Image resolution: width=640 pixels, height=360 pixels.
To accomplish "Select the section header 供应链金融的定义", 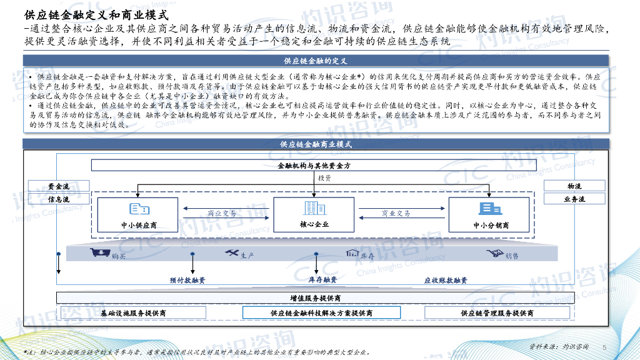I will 315,61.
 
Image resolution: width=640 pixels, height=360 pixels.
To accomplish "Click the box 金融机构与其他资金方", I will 314,166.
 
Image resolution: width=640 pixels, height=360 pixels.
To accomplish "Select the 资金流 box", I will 59,186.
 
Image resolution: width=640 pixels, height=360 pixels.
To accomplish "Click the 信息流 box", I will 59,199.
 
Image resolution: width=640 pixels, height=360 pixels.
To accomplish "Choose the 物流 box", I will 574,186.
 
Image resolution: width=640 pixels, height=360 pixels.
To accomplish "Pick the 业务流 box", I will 574,199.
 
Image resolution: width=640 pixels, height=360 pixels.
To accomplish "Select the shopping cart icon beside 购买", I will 97,253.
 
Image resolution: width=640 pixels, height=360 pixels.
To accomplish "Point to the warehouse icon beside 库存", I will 351,253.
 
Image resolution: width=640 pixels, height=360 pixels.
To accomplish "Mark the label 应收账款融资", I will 446,280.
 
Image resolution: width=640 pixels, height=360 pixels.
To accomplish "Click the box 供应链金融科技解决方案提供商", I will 322,312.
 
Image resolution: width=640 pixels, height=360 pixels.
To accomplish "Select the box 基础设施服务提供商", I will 134,312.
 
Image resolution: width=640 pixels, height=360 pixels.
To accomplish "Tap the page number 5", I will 604,347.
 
